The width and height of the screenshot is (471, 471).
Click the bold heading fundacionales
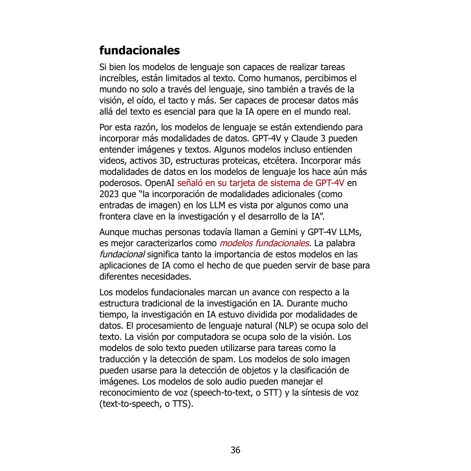140,51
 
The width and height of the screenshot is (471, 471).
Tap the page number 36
235,450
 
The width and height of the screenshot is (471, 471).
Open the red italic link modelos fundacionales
265,243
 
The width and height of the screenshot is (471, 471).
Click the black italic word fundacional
122,254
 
